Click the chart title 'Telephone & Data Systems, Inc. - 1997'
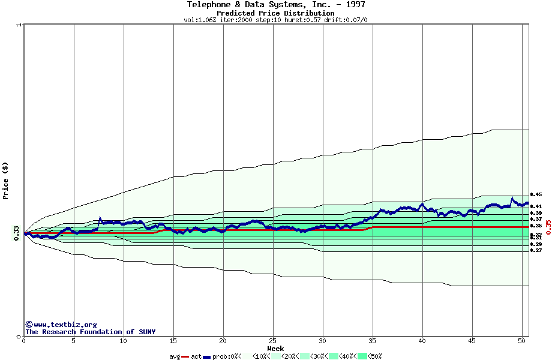275,5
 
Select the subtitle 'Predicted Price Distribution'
275,13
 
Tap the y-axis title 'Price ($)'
5,181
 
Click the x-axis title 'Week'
275,349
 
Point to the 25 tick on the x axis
273,341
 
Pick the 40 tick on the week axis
422,341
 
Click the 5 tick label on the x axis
74,341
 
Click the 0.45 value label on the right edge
536,194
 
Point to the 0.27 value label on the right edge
536,250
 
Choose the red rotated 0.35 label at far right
548,226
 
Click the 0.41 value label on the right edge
536,206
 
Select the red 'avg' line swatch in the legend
185,356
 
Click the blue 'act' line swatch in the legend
206,356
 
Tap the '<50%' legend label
375,356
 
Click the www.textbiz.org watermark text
65,325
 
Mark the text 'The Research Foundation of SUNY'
90,332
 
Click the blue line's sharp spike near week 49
512,197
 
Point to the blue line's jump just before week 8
100,218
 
